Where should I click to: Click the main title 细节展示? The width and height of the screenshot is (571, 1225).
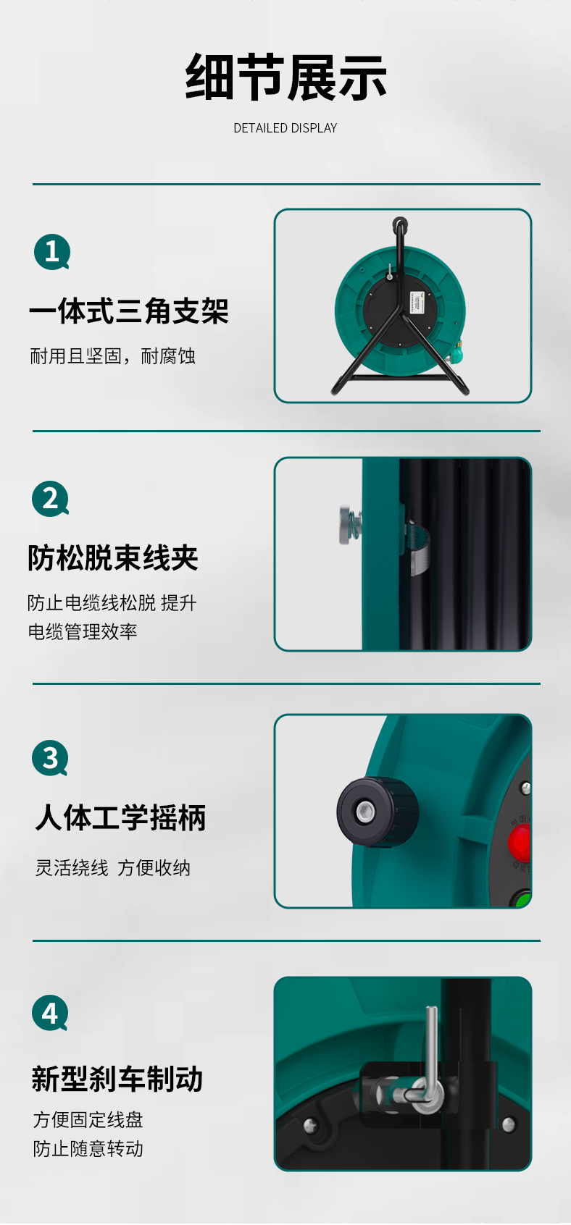285,77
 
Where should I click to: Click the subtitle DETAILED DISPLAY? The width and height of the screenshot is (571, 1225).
285,128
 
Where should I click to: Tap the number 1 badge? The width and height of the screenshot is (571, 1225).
52,252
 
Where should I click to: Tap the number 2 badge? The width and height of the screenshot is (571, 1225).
51,499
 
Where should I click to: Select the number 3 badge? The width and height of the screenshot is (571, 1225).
51,758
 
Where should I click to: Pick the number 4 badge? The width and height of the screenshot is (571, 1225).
50,1013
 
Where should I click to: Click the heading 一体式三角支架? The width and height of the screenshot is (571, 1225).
129,311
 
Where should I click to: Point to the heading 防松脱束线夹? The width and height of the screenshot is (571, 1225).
113,557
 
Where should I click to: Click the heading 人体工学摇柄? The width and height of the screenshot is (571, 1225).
120,817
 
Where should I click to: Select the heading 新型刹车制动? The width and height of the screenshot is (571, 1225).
117,1079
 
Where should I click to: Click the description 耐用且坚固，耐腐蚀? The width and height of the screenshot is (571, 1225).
113,356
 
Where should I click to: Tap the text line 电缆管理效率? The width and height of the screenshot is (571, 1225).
82,631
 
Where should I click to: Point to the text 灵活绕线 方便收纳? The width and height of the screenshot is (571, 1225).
113,868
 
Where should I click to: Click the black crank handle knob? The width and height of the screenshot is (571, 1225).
378,812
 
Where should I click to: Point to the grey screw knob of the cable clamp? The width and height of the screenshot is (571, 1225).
347,524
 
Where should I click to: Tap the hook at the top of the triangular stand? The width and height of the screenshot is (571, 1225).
400,224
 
